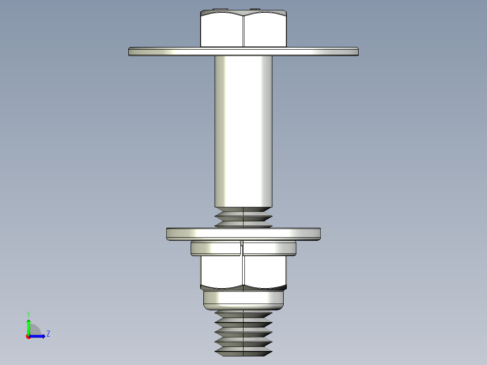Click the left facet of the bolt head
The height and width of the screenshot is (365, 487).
coord(222,31)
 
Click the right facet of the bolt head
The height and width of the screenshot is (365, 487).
coord(265,31)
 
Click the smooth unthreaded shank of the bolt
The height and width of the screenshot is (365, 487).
coord(243,131)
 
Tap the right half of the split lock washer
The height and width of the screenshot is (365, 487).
coord(270,248)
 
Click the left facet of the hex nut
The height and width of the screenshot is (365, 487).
coord(222,271)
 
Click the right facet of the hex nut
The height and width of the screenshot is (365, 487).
coord(265,271)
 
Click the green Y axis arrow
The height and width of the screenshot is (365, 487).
coord(28,326)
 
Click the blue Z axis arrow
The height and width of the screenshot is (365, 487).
coord(39,336)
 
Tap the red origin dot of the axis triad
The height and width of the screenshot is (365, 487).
coord(28,337)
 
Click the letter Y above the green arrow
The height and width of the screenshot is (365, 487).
coord(28,314)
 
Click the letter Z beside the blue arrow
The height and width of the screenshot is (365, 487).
coord(48,334)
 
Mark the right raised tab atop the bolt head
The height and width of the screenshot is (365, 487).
coord(255,9)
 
